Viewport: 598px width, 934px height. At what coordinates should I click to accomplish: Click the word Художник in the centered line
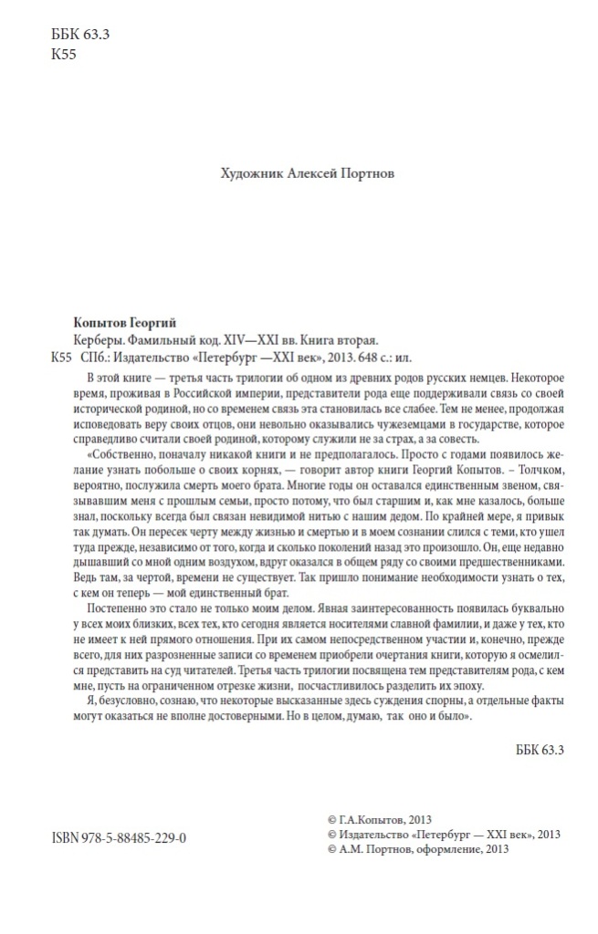tap(248, 171)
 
